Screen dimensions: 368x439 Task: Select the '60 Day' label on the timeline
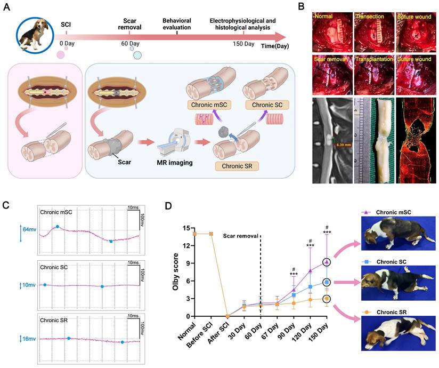pos(131,43)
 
